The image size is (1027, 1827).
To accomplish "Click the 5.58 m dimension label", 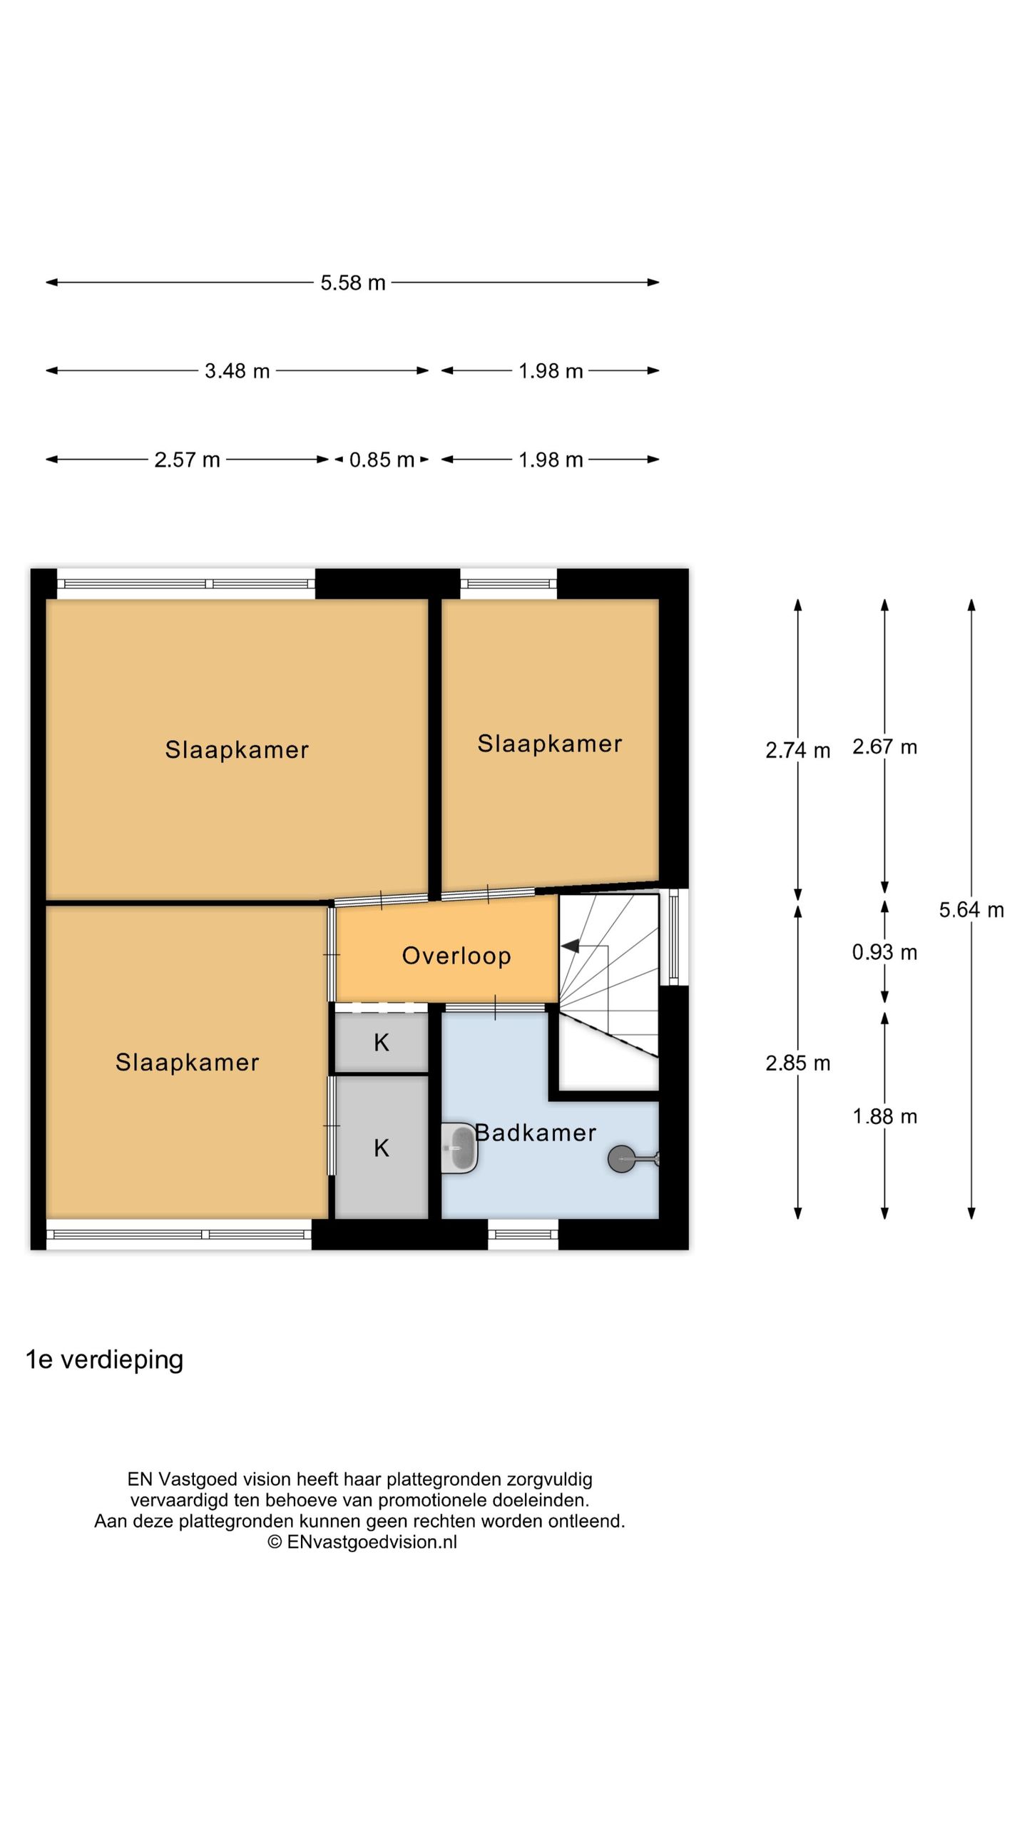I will [x=352, y=283].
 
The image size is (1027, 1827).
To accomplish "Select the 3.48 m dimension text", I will [x=237, y=371].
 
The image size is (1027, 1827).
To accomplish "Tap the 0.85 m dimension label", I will [x=382, y=460].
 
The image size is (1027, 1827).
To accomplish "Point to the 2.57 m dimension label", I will [x=187, y=460].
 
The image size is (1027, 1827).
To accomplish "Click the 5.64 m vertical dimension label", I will [x=971, y=910].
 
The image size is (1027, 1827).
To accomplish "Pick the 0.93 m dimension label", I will [x=884, y=952].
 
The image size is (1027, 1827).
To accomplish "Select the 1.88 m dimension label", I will [x=884, y=1116].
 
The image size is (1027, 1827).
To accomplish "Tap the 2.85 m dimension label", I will [x=797, y=1063].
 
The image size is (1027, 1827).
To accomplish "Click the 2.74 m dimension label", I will [x=797, y=750].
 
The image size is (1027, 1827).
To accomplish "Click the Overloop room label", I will [x=456, y=956].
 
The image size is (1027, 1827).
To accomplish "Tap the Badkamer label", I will [x=536, y=1133].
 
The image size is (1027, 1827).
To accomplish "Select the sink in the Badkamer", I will [x=458, y=1148].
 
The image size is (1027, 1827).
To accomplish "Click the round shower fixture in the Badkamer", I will [x=621, y=1159].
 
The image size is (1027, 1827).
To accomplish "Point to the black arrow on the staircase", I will [x=571, y=946].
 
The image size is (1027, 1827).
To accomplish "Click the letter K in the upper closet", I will [x=382, y=1043].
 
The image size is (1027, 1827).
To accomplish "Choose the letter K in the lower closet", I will [x=382, y=1148].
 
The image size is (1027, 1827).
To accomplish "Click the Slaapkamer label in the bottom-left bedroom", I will [x=187, y=1063].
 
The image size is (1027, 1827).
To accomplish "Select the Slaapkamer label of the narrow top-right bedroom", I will [x=549, y=744].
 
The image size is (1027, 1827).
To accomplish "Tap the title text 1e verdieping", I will [x=105, y=1360].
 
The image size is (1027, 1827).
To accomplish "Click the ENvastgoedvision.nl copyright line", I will [x=362, y=1542].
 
